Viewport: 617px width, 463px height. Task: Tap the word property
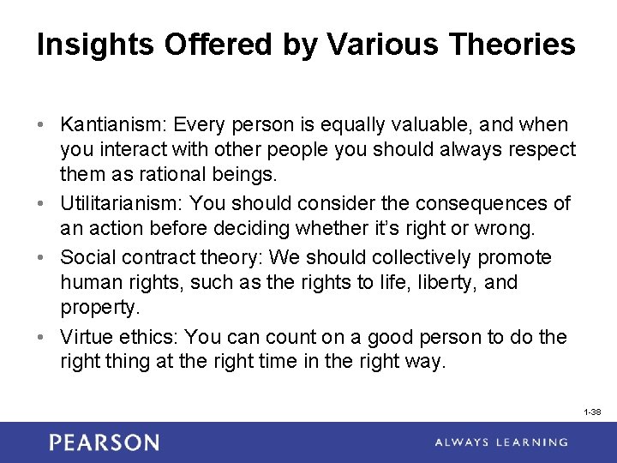[x=95, y=307]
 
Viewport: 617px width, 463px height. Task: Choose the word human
[x=88, y=282]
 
